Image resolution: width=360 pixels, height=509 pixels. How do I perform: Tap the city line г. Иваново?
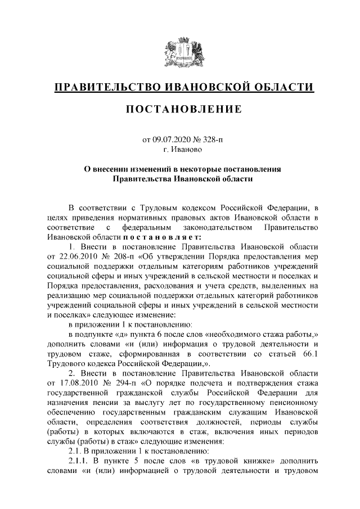coord(180,149)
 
